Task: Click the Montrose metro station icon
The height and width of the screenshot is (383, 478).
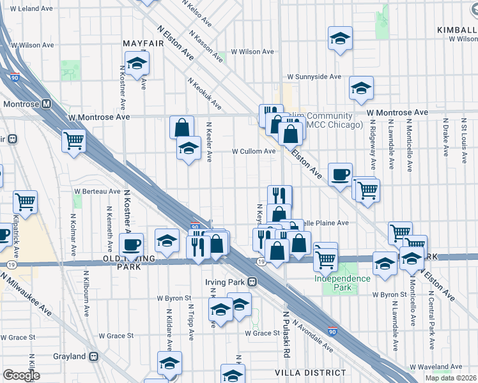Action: (47, 104)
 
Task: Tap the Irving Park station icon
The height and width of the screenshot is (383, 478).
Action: (253, 282)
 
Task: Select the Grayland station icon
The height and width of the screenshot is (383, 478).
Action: (94, 356)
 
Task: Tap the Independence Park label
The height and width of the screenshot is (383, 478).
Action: (342, 283)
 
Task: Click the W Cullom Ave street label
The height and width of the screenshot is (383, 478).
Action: (254, 151)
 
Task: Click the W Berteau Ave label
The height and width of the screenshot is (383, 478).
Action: (97, 191)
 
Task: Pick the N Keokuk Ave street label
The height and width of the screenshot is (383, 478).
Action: (204, 94)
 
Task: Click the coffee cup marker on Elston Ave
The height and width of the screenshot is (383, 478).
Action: (340, 174)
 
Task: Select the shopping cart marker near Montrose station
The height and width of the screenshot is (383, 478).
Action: (74, 140)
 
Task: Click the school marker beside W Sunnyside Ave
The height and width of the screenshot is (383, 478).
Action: (361, 87)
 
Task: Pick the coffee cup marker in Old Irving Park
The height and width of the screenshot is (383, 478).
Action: (132, 244)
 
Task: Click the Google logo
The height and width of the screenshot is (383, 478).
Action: (20, 375)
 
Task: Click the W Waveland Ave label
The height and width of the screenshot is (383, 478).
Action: (436, 367)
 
